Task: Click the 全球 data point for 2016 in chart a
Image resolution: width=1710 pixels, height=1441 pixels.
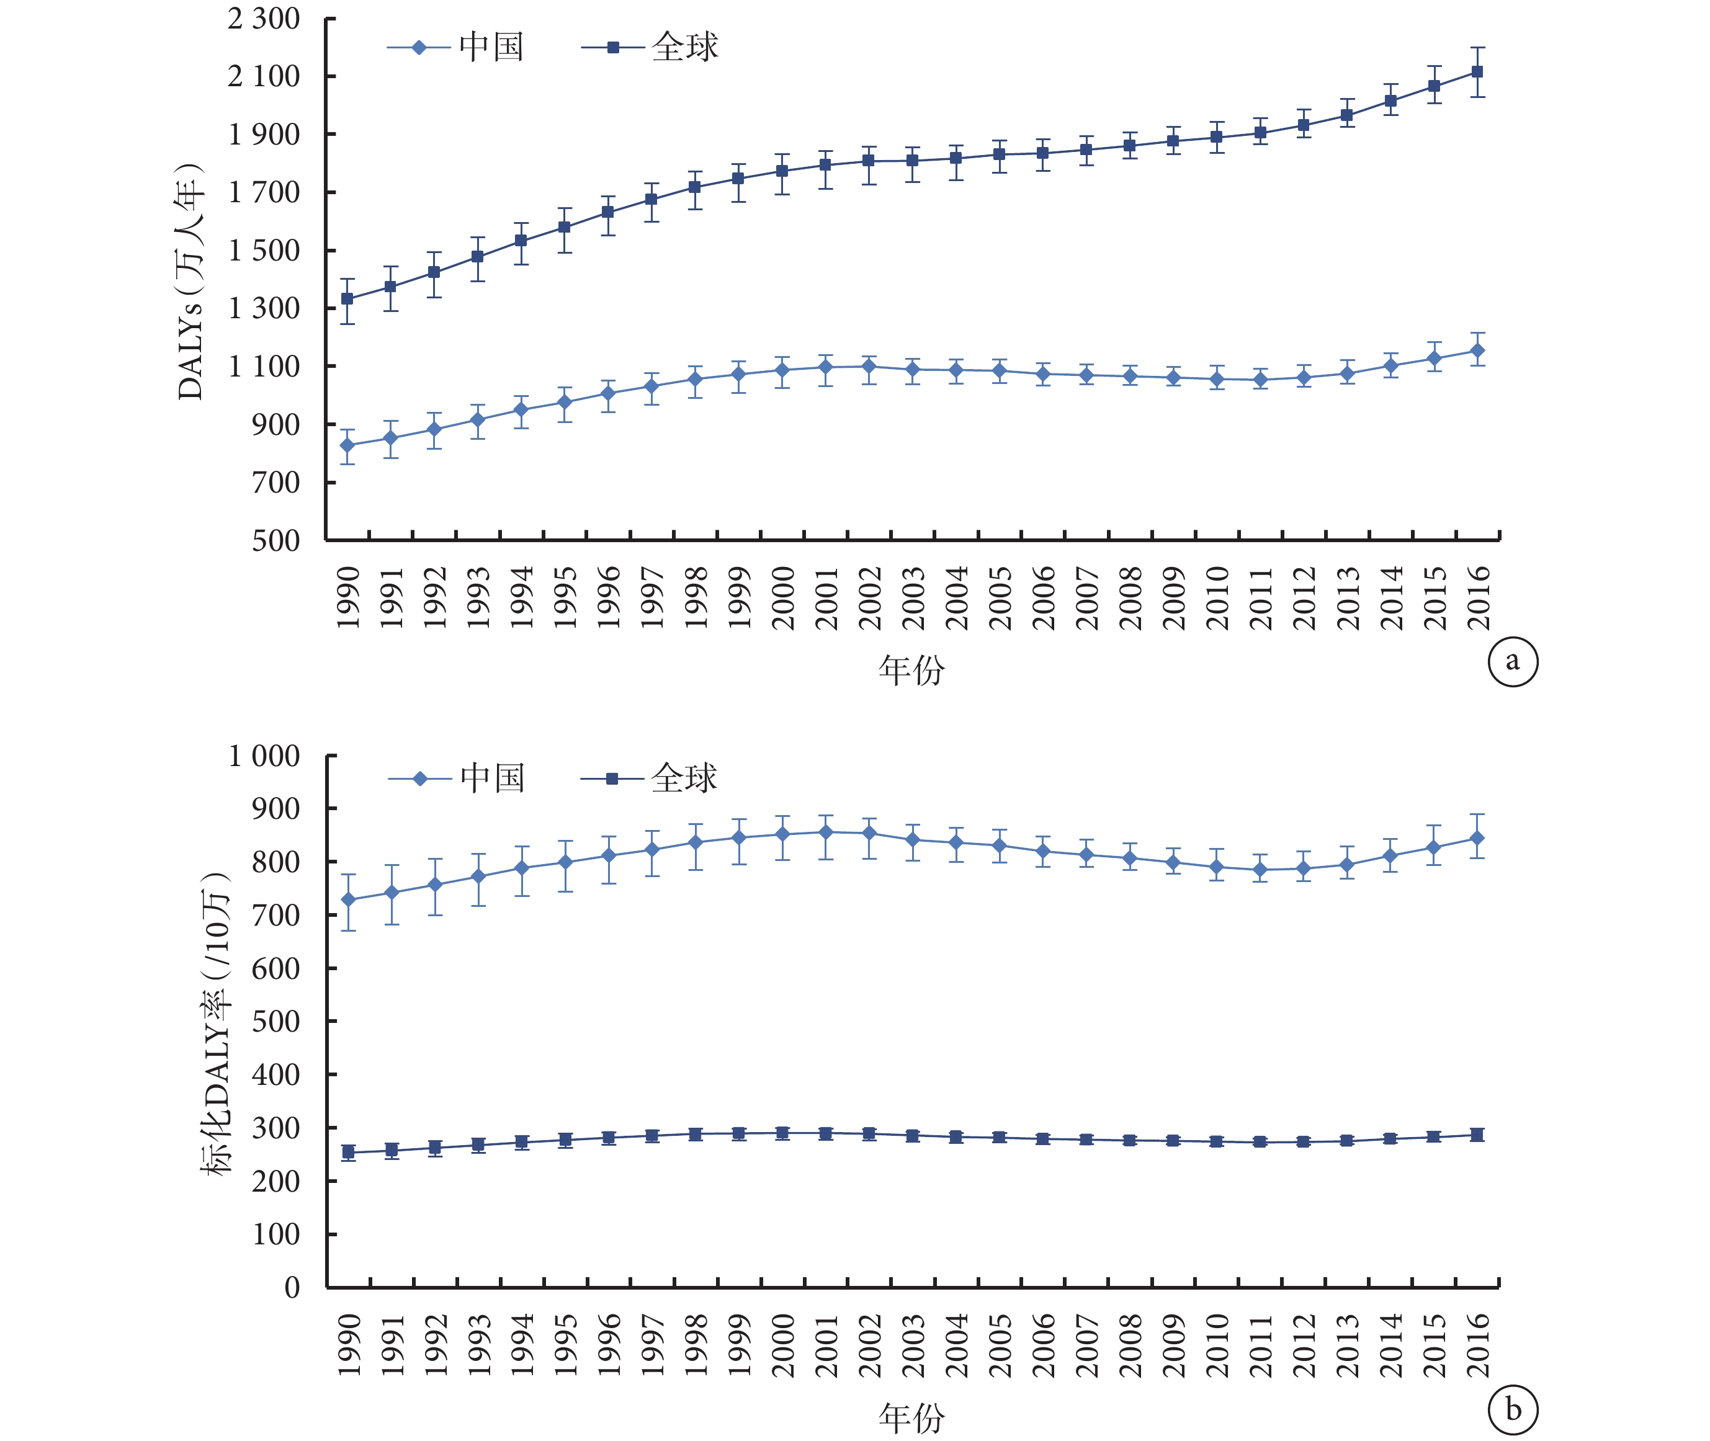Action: (x=1476, y=72)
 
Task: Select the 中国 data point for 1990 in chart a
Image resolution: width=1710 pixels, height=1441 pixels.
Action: (x=347, y=445)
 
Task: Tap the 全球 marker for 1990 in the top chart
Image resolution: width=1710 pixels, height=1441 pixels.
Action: (x=347, y=299)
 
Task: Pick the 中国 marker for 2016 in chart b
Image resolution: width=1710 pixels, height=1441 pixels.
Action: (x=1476, y=838)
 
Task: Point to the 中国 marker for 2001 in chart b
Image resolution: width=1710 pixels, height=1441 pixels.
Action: (x=825, y=832)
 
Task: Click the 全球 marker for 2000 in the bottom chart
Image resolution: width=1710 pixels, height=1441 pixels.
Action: (x=782, y=1133)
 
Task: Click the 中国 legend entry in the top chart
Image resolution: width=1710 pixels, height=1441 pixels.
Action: (x=455, y=47)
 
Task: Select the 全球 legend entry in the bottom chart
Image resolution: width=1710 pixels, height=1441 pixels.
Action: (x=649, y=778)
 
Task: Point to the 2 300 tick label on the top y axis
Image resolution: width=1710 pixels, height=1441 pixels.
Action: (x=264, y=18)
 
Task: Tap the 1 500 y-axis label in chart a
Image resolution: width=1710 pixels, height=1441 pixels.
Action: (x=264, y=250)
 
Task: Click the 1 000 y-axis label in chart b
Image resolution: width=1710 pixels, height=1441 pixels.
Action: (x=264, y=756)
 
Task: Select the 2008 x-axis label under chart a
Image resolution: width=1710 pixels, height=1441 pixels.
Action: (x=1130, y=598)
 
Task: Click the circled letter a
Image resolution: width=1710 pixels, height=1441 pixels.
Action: (x=1512, y=661)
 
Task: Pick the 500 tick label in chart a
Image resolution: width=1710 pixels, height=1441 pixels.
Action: (x=276, y=540)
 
